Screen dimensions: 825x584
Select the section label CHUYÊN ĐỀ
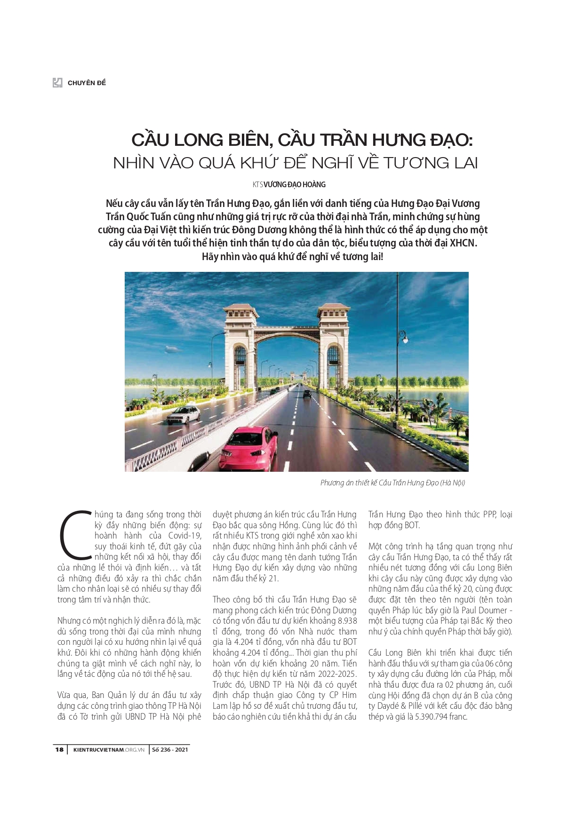87,83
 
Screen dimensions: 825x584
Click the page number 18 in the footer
59,749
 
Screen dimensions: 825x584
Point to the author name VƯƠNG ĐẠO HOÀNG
295,184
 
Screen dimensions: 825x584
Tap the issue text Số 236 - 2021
170,749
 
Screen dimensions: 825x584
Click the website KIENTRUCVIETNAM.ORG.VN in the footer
109,749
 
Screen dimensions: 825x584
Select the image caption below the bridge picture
392,483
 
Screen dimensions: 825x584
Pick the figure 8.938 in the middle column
347,621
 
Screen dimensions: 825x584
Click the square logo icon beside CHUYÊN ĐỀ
57,83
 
